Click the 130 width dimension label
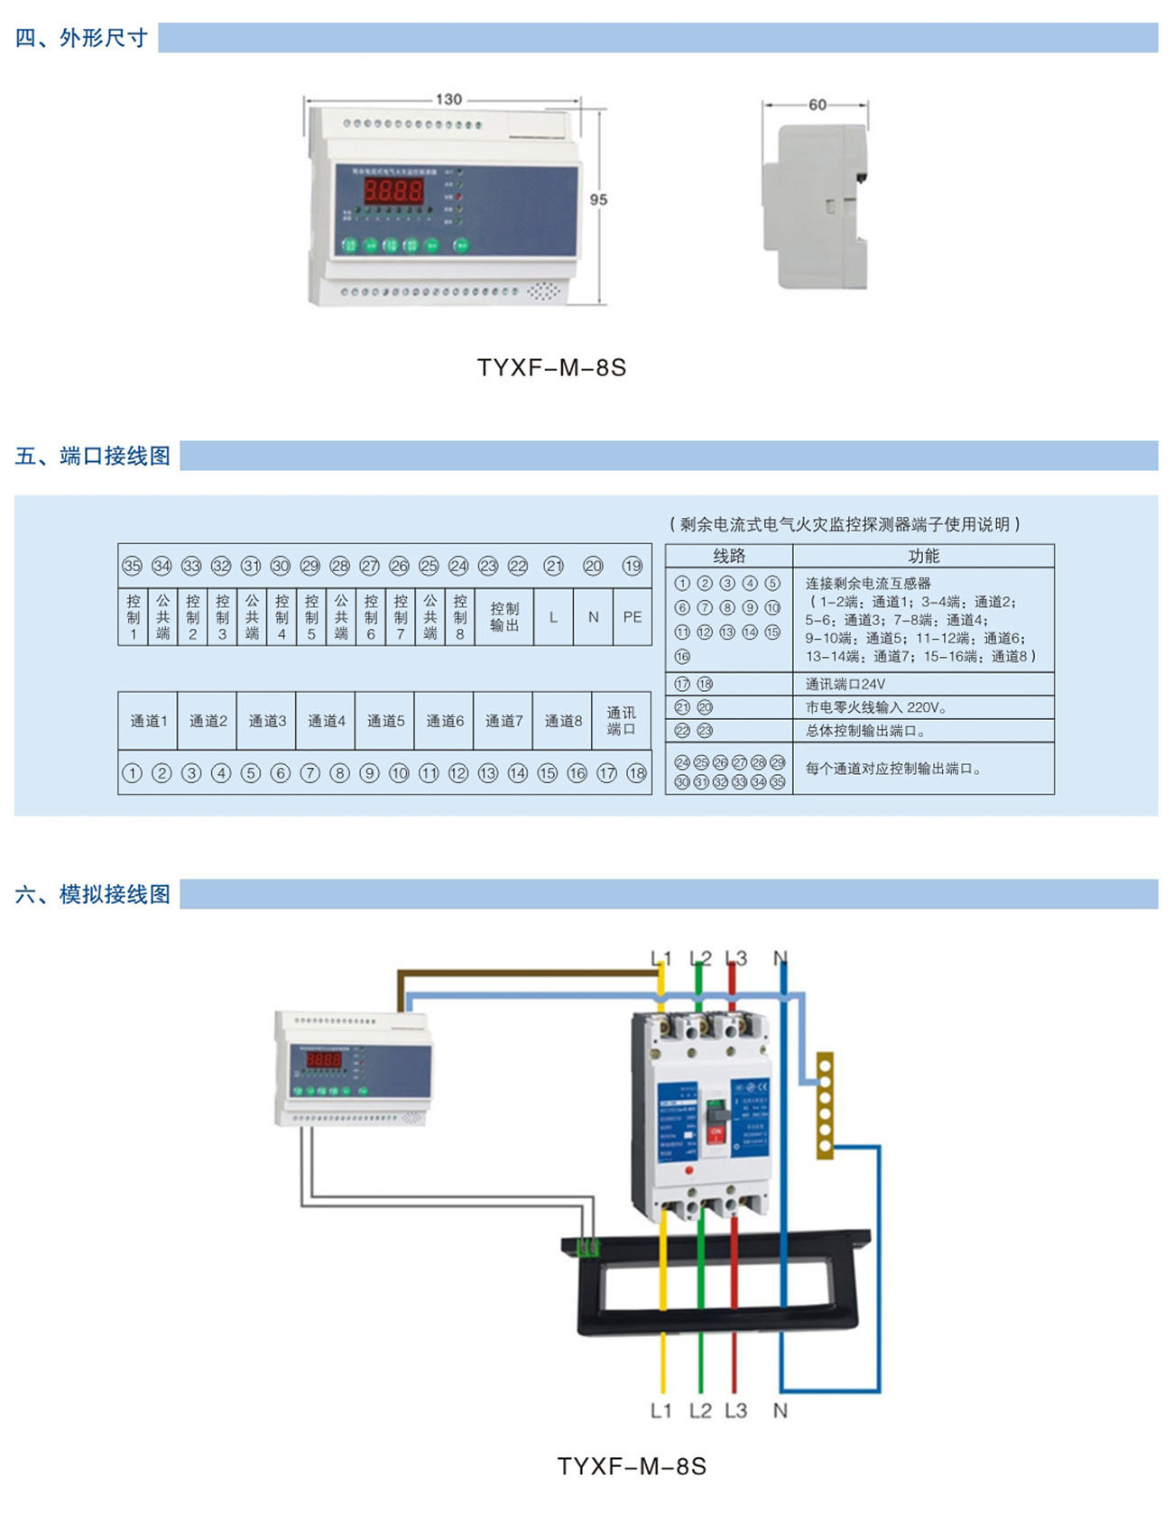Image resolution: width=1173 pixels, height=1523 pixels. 448,99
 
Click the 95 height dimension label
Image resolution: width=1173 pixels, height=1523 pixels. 598,199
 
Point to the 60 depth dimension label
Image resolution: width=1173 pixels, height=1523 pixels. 817,105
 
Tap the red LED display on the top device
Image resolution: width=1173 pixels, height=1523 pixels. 393,190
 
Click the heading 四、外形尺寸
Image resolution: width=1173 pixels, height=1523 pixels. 81,38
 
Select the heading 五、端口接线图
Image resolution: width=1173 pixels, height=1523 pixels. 93,457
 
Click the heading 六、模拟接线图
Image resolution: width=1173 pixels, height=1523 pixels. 93,894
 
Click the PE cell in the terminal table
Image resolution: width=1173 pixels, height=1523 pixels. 632,617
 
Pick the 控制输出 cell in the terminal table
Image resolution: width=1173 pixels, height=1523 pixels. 503,617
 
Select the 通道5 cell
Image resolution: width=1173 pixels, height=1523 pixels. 385,721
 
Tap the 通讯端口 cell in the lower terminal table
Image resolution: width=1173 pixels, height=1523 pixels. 621,721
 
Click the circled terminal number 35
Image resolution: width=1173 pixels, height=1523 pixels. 133,566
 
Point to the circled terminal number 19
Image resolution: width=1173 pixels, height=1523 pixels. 632,566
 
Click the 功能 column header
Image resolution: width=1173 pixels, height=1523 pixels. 923,556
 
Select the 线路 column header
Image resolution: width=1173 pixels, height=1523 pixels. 729,556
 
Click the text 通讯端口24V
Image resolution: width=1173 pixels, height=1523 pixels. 845,684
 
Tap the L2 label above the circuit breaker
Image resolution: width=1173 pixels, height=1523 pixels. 700,958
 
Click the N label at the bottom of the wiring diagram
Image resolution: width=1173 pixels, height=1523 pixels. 780,1410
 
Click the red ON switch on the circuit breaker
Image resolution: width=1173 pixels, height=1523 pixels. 716,1132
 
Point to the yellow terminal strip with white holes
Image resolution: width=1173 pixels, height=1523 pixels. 825,1104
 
